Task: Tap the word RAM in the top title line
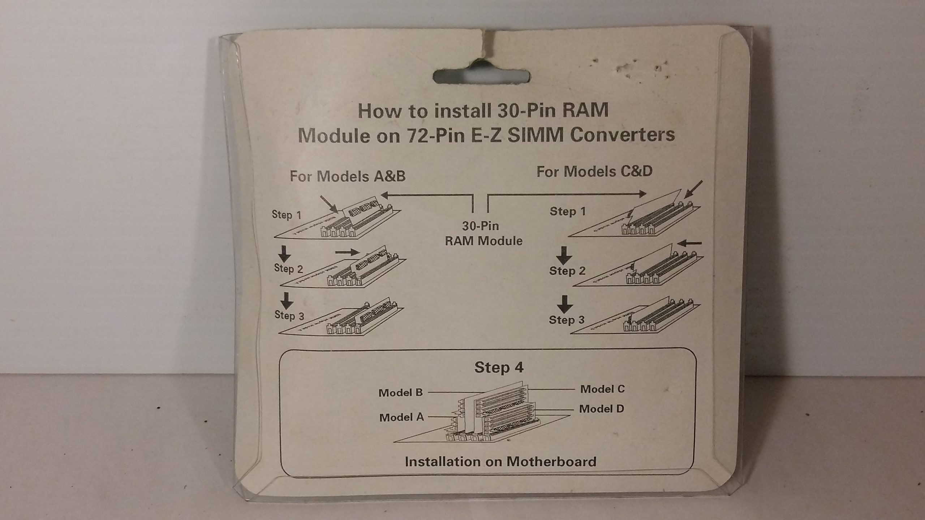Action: (585, 110)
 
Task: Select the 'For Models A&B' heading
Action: (348, 177)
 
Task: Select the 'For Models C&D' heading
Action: (594, 172)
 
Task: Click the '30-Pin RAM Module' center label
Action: (483, 234)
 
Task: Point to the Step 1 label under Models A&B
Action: (287, 215)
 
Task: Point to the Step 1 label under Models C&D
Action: (567, 212)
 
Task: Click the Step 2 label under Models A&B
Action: (288, 268)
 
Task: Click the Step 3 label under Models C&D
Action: (566, 320)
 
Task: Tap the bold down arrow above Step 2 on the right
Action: (564, 256)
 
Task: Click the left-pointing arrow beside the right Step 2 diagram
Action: (689, 243)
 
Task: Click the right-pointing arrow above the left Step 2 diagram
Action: (95, 252)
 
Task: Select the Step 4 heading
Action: (498, 368)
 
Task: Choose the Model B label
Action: (400, 393)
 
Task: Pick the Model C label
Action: (602, 389)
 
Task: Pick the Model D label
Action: (601, 409)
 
